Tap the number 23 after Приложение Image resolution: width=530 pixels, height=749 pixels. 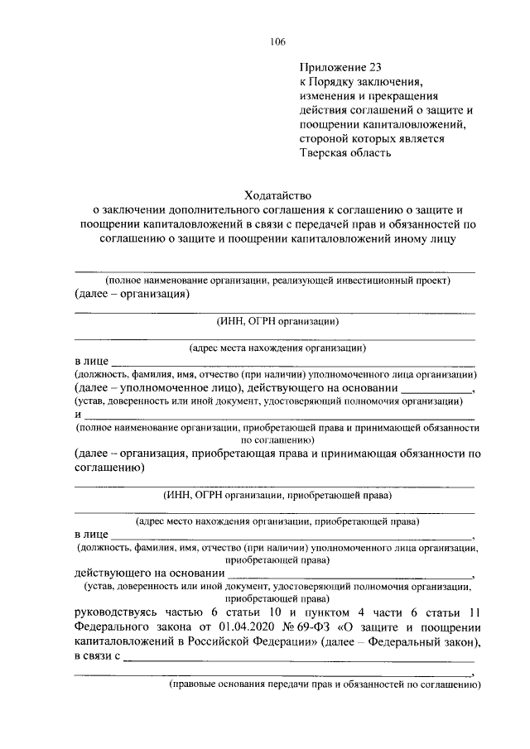point(372,67)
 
